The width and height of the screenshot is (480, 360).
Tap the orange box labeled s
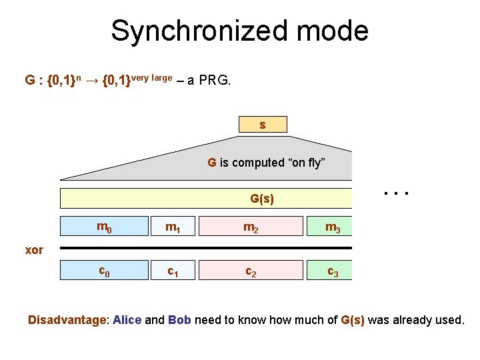coord(263,125)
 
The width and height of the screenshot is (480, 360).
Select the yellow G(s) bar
coord(205,199)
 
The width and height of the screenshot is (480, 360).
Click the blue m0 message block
coord(104,227)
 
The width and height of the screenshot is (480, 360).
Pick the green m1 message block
coord(173,227)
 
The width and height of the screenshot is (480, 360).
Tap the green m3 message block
coord(329,227)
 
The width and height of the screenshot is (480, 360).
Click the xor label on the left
coord(34,250)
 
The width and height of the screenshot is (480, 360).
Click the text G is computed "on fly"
coord(266,162)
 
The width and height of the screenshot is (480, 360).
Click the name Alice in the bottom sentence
coord(127,320)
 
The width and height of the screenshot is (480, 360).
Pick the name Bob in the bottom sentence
coord(180,320)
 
